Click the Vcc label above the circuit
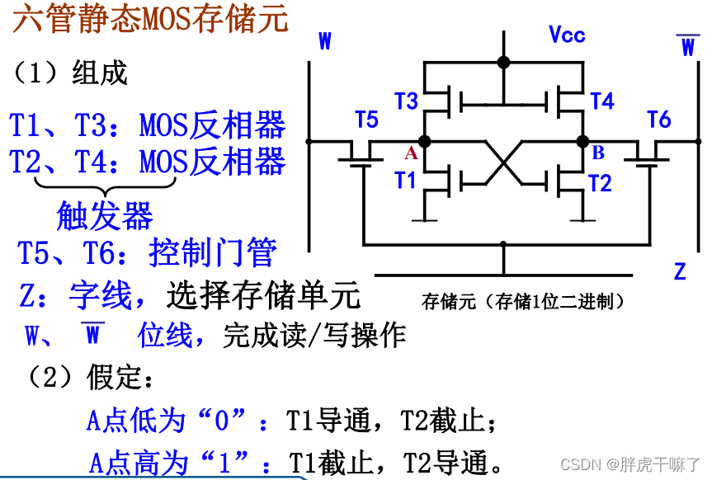coord(567,35)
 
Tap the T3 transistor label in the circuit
coord(407,101)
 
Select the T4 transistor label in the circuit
coord(602,101)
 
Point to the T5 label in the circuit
coord(366,120)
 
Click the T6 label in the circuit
coord(659,120)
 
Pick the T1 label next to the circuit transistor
coord(405,180)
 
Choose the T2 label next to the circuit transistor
coord(600,182)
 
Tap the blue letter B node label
coord(598,153)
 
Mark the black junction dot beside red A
coord(425,141)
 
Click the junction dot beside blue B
coord(582,141)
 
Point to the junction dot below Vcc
coord(503,63)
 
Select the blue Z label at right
coord(680,271)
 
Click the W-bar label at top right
coord(688,46)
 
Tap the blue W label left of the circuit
coord(325,42)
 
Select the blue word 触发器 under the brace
coord(105,216)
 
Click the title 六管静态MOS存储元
coord(151,18)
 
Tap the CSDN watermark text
coord(630,464)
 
